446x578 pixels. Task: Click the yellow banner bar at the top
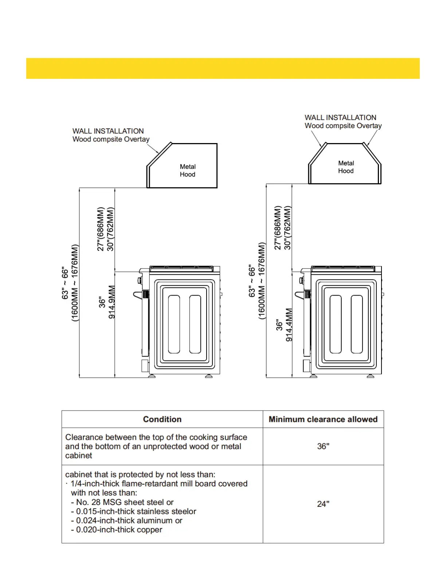[223, 68]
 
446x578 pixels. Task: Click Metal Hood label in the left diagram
[188, 170]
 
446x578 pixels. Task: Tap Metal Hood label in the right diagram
[346, 167]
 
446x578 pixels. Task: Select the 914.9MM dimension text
[112, 302]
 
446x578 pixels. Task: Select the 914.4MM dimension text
[289, 325]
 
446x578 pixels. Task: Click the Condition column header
[162, 419]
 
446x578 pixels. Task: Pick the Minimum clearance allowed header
[323, 419]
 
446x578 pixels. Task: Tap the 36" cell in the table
[323, 446]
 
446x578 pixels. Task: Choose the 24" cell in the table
[323, 504]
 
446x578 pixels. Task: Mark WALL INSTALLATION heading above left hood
[108, 131]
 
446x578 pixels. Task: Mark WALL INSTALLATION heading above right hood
[340, 117]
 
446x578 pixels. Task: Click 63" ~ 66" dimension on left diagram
[65, 283]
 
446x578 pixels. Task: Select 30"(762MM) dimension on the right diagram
[287, 228]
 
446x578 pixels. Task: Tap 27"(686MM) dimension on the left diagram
[101, 229]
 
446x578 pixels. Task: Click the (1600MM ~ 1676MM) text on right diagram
[262, 281]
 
